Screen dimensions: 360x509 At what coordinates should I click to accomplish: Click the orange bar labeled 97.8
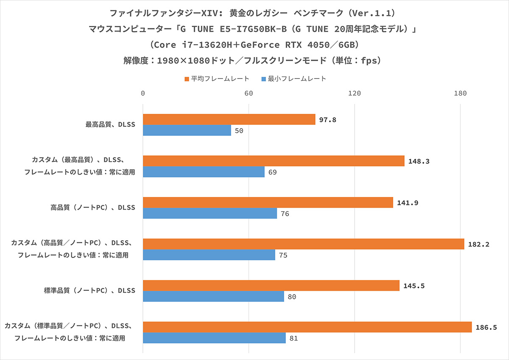[229, 119]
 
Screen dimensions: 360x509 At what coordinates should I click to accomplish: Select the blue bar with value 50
[187, 130]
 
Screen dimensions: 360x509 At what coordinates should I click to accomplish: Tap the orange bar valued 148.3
[274, 161]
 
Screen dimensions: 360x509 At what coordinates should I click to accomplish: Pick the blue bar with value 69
[204, 172]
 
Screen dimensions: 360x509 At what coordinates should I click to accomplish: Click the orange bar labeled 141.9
[268, 202]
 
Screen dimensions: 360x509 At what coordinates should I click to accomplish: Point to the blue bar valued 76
[210, 214]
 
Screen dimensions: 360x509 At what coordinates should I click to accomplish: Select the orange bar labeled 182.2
[304, 244]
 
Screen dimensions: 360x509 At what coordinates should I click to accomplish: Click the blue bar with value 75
[209, 255]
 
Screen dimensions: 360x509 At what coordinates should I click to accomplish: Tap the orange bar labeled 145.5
[271, 286]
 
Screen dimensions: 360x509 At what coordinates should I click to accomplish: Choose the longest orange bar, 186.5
[308, 327]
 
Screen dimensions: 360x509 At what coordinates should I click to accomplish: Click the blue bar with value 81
[214, 338]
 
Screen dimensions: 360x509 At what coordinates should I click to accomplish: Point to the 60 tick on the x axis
[249, 93]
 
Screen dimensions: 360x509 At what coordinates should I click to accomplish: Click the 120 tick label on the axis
[354, 93]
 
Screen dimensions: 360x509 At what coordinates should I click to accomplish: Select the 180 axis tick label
[460, 93]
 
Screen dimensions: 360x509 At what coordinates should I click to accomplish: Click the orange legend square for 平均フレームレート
[186, 79]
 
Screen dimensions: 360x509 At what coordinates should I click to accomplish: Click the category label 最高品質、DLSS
[110, 124]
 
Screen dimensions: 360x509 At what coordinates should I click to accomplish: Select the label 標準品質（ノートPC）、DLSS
[89, 291]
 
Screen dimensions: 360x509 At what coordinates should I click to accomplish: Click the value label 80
[292, 297]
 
